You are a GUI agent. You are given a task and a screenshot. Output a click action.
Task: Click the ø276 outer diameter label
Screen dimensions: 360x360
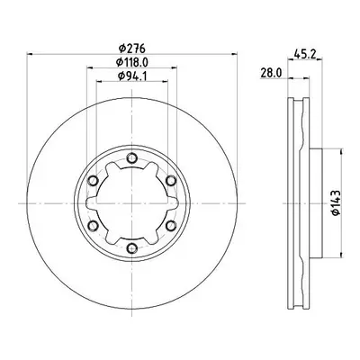132,48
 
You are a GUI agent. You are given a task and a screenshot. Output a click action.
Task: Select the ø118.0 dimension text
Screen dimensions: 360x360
132,62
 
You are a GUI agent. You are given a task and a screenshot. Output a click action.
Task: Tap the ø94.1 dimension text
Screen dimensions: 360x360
132,76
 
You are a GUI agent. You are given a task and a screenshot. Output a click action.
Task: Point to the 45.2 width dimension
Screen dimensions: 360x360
304,54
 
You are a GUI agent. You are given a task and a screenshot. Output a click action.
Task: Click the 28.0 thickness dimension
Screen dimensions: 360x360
271,73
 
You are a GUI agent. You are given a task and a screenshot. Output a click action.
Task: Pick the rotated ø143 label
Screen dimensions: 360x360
336,202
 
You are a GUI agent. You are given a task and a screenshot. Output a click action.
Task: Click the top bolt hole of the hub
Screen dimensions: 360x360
131,158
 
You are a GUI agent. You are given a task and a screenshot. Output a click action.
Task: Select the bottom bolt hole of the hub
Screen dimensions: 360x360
131,248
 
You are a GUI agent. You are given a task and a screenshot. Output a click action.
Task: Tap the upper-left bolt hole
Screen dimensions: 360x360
93,181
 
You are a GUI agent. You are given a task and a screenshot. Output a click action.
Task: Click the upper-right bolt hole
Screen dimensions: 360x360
171,181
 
